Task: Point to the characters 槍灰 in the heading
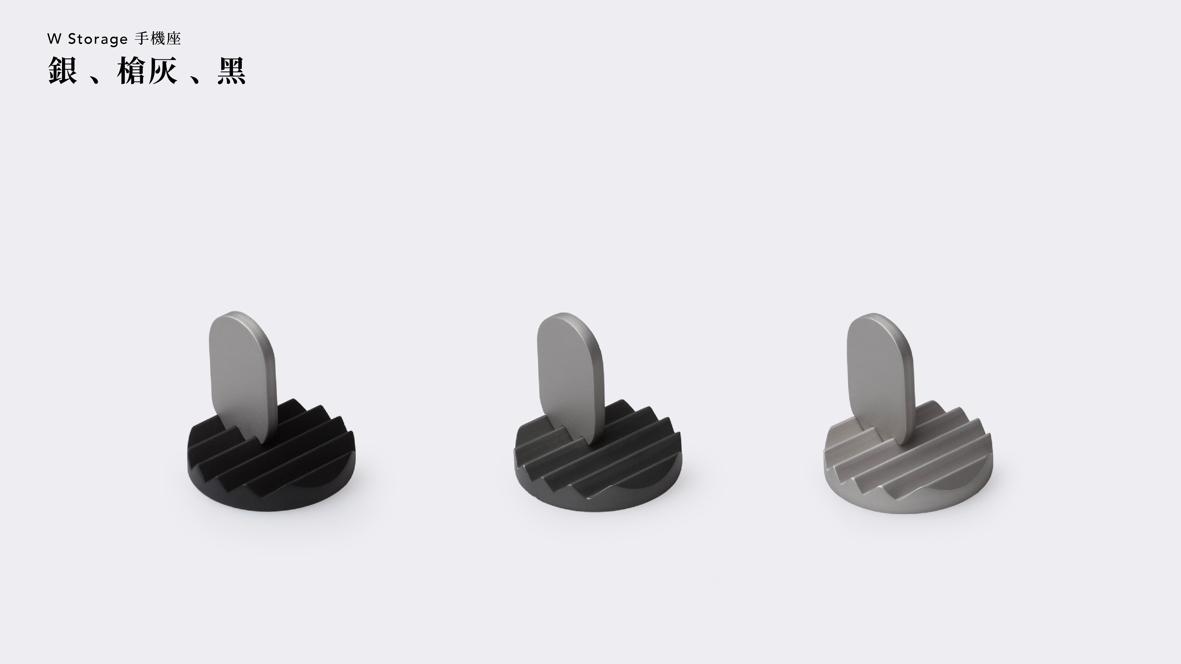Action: pos(147,71)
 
